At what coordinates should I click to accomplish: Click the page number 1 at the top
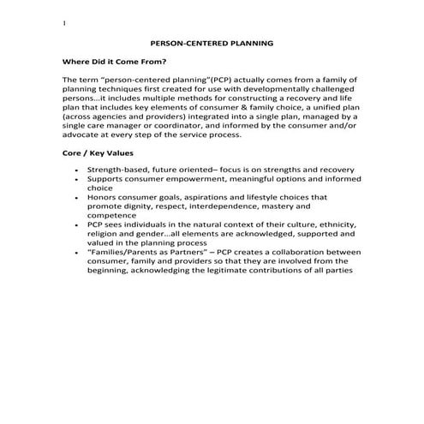coord(64,23)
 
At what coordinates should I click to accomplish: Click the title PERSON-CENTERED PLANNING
coord(212,41)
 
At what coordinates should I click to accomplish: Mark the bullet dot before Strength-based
coord(79,170)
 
